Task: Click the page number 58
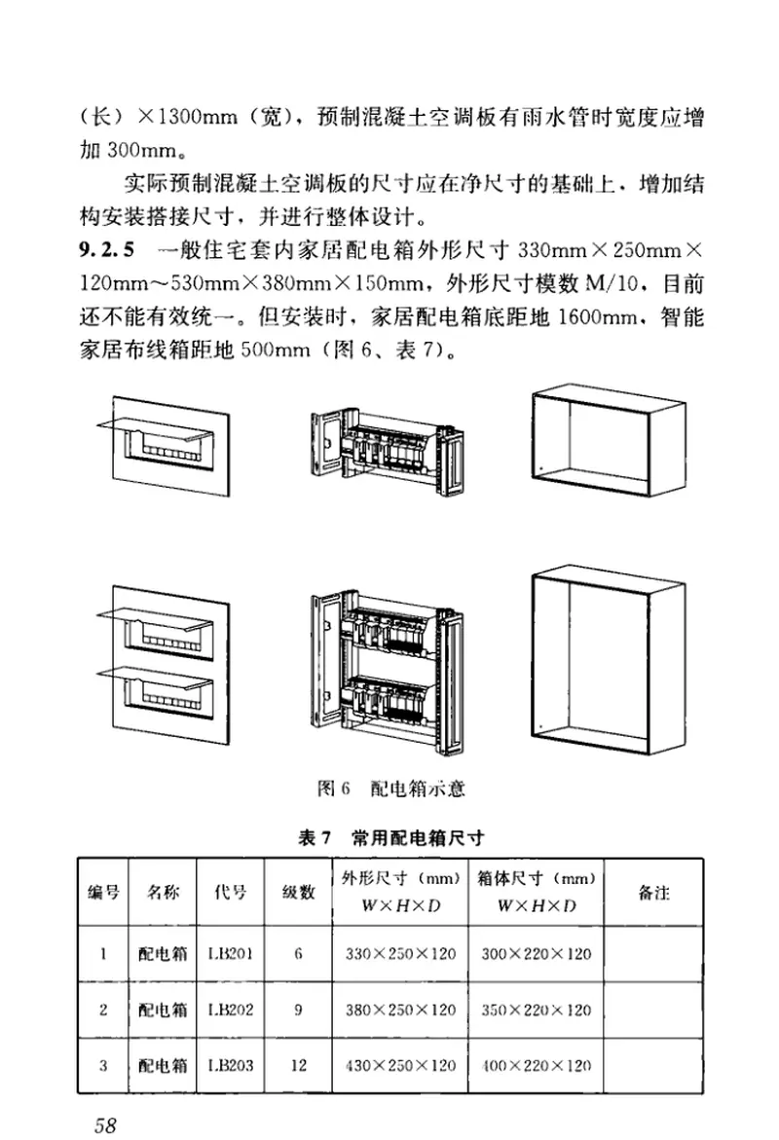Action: click(105, 1124)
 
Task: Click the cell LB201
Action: click(230, 954)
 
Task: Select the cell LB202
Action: click(230, 1010)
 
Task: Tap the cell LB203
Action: click(230, 1065)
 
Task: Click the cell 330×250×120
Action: click(400, 954)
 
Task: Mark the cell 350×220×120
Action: click(536, 1010)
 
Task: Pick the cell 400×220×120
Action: click(536, 1065)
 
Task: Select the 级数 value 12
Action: click(298, 1065)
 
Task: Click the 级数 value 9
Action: click(298, 1010)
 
